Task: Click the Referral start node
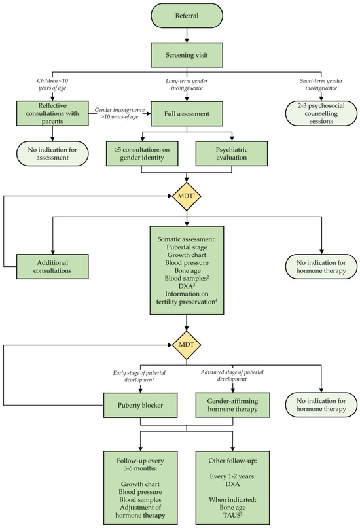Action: [187, 16]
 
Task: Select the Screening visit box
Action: [187, 55]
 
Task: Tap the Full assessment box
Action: [187, 113]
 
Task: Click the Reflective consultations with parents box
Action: [52, 113]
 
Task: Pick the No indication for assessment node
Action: [52, 154]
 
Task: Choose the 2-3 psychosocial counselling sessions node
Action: [321, 113]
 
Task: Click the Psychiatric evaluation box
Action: [231, 154]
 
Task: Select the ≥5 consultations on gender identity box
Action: [142, 154]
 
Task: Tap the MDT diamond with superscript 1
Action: [187, 196]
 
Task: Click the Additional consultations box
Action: [52, 267]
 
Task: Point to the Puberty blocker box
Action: [140, 405]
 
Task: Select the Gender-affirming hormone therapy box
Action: [232, 405]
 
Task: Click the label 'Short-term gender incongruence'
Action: [321, 84]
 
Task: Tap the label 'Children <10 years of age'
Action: [52, 84]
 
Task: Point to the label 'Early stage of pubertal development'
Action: [139, 376]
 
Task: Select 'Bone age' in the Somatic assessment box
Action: [187, 271]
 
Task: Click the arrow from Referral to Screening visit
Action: [187, 35]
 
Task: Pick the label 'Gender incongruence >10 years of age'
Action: [120, 113]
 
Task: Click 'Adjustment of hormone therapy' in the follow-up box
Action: [140, 512]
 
